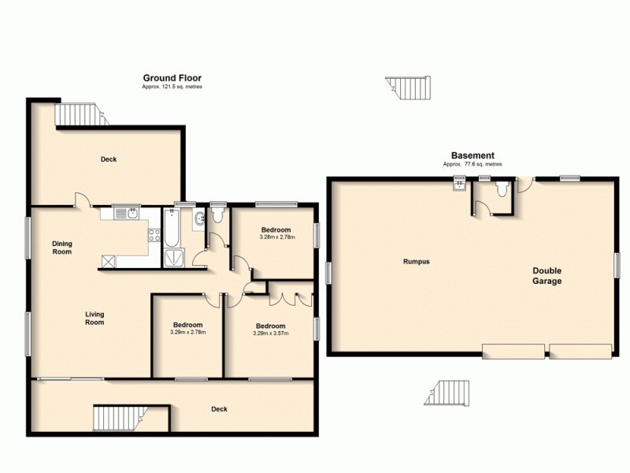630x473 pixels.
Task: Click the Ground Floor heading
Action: click(172, 78)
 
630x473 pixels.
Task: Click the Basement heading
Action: click(472, 155)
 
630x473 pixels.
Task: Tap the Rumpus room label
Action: click(416, 261)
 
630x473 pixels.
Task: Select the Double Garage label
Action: click(547, 275)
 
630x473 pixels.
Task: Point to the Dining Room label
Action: click(62, 248)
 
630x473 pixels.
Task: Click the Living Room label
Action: click(94, 318)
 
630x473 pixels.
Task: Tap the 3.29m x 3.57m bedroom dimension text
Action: click(270, 333)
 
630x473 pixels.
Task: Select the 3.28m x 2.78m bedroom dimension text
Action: click(276, 236)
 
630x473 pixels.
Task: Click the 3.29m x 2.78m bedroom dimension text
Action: click(187, 333)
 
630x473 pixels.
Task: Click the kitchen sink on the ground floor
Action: click(128, 213)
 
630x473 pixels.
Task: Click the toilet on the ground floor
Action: click(218, 214)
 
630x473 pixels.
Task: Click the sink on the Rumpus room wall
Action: click(459, 187)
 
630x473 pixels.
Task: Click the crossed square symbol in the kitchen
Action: click(108, 262)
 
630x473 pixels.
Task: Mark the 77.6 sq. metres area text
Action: click(472, 164)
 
